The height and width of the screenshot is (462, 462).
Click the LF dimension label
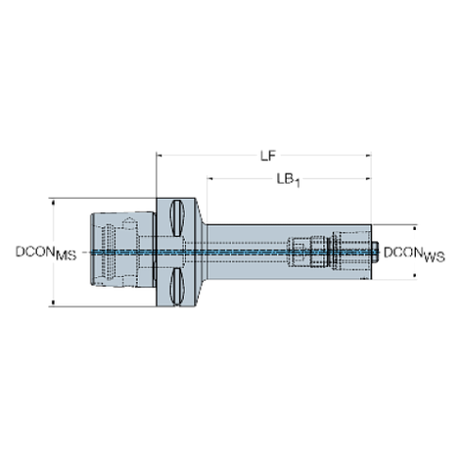(x=268, y=156)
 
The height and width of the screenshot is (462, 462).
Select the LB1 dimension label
(x=289, y=180)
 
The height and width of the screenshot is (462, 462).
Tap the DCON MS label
(x=46, y=253)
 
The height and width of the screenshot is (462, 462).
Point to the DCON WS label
(x=414, y=254)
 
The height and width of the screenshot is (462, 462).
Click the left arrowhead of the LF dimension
(x=159, y=156)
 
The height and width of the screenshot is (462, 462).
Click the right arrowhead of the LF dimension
(x=368, y=156)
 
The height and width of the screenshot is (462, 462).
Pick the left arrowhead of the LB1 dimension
(x=209, y=179)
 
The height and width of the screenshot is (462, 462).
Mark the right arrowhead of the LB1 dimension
(x=368, y=179)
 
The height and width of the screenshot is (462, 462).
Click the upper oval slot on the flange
(x=177, y=218)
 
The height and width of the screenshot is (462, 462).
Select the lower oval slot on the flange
(x=177, y=287)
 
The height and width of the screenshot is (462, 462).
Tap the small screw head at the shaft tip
(x=375, y=252)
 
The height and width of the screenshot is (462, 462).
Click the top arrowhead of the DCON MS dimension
(x=53, y=202)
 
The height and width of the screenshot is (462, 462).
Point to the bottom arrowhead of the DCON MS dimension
(x=53, y=303)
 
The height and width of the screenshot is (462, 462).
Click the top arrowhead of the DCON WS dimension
(x=415, y=228)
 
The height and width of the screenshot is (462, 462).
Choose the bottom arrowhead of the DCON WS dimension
(x=415, y=276)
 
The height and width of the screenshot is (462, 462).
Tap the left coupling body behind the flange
(x=123, y=250)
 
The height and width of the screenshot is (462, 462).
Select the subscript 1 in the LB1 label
(x=297, y=183)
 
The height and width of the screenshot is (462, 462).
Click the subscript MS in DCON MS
(x=66, y=256)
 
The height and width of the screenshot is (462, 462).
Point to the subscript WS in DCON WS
(x=435, y=256)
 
